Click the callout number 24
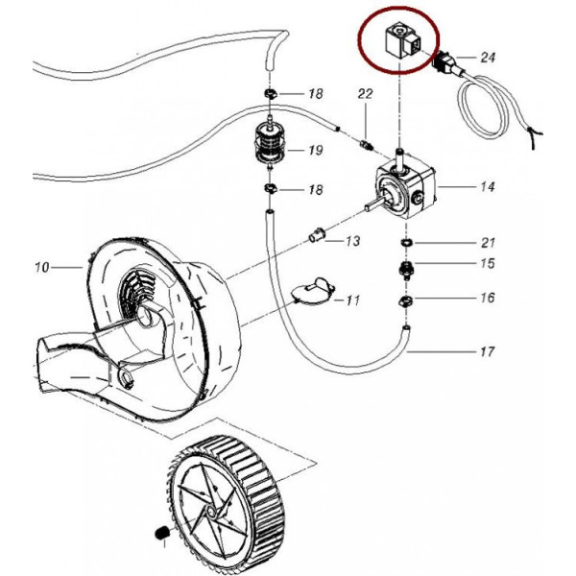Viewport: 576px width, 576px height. point(488,58)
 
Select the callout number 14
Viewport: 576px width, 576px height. point(487,187)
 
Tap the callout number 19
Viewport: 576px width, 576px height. point(315,151)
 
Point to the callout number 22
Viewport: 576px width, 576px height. point(365,93)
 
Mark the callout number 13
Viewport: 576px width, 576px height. point(352,240)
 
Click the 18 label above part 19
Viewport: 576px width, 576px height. point(315,94)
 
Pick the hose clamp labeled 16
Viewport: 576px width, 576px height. point(406,303)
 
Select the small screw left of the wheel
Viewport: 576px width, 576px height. point(159,532)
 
